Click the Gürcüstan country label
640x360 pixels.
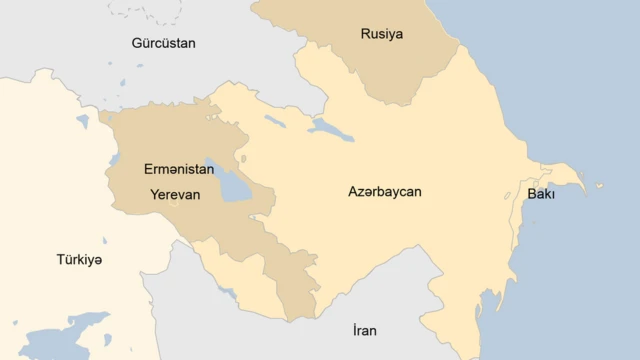[163, 43]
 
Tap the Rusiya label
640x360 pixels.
[381, 35]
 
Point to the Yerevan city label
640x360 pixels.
[175, 195]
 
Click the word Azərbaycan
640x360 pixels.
[384, 191]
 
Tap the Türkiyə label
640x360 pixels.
[79, 260]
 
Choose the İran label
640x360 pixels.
[365, 330]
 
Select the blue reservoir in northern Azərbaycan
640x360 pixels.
[331, 128]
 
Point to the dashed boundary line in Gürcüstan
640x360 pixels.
[140, 12]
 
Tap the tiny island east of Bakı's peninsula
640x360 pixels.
[600, 185]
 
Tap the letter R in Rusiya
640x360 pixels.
[365, 35]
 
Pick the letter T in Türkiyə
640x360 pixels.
[60, 260]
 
